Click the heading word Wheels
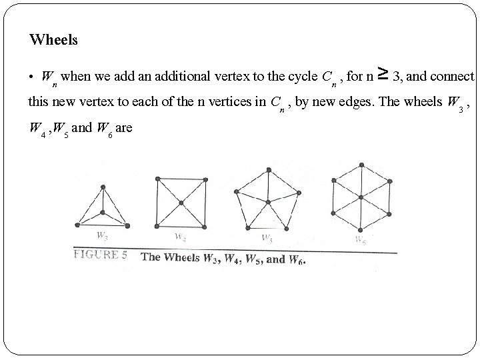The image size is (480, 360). point(53,40)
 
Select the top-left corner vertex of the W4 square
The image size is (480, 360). point(157,179)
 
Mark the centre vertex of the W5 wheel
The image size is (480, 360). point(267,202)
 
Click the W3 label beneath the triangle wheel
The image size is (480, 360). point(102,235)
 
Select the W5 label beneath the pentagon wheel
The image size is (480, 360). point(267,237)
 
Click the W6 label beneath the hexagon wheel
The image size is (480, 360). point(360,240)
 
